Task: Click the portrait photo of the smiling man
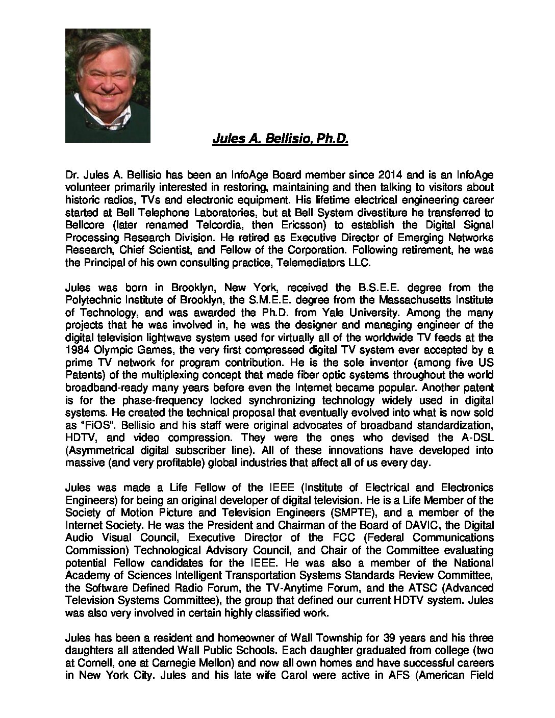pyautogui.click(x=108, y=85)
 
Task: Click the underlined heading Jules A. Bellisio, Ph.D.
pyautogui.click(x=280, y=139)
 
